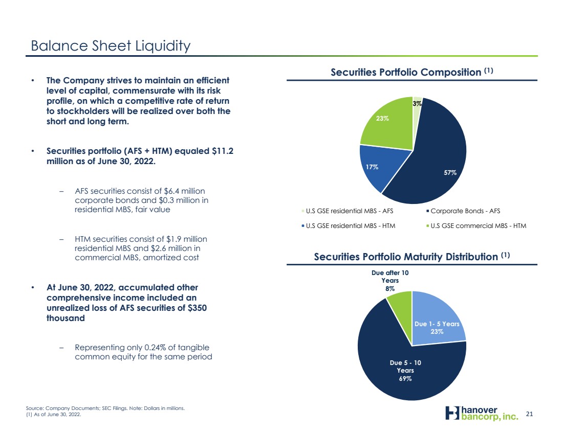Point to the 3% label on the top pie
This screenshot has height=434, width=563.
click(417, 104)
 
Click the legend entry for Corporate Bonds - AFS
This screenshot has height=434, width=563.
click(463, 211)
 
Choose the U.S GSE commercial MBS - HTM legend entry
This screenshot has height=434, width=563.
click(476, 225)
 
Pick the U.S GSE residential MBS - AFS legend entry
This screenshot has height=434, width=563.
click(347, 211)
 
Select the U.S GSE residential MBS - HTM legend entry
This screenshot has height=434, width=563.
click(348, 225)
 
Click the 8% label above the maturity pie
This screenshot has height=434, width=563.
click(390, 288)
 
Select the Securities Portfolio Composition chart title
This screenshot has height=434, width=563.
click(412, 72)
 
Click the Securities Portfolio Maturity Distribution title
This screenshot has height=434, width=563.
click(412, 257)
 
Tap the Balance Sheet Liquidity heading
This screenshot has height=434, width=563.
click(111, 46)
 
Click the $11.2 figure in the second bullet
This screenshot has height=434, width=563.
click(223, 151)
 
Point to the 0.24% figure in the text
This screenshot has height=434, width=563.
click(155, 347)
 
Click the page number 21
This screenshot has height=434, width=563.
click(529, 414)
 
